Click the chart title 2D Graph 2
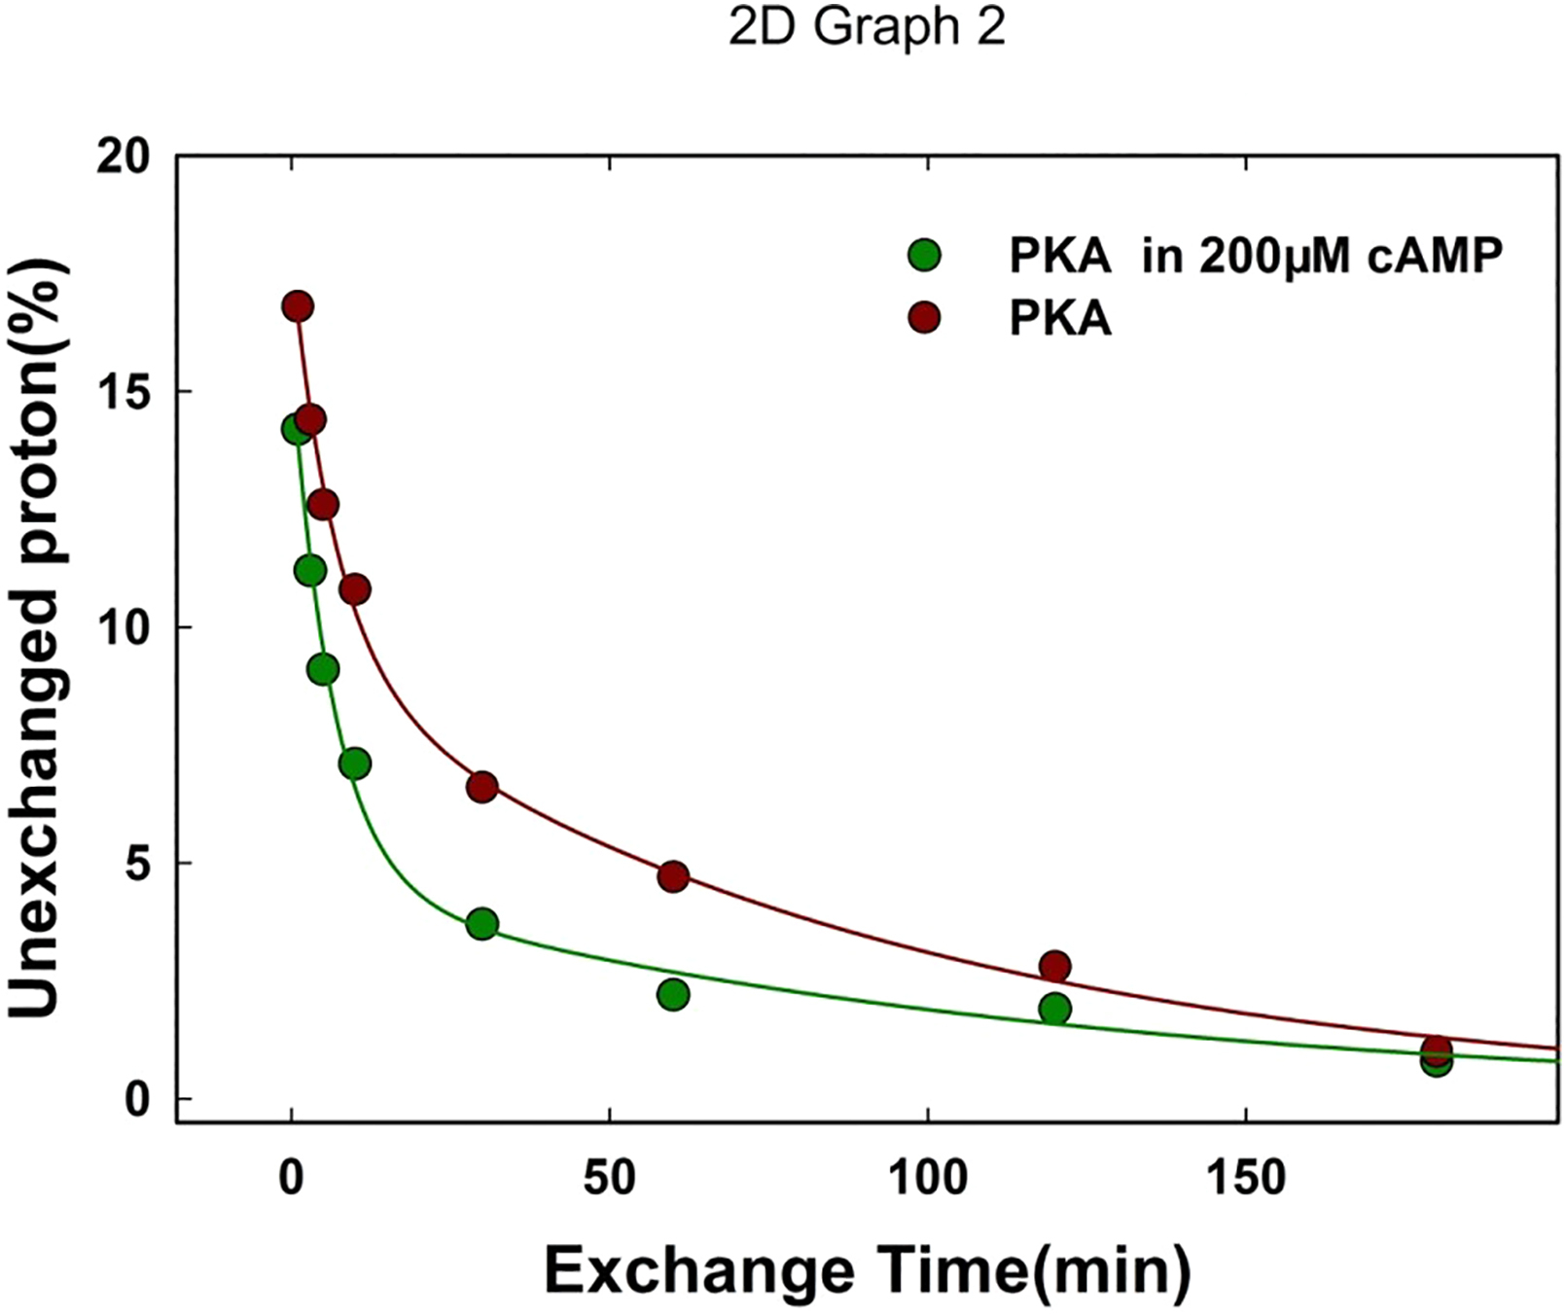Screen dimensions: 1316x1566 [x=867, y=27]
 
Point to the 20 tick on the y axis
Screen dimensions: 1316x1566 [x=124, y=157]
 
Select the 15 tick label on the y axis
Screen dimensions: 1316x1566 [x=124, y=392]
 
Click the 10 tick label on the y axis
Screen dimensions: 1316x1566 [x=124, y=628]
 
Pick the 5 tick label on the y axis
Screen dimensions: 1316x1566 [x=139, y=864]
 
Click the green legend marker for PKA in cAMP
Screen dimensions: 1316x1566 [x=924, y=256]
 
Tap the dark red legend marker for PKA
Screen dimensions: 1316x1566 [x=924, y=317]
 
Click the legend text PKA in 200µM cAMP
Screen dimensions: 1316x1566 [x=1256, y=256]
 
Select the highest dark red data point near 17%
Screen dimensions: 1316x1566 [x=298, y=306]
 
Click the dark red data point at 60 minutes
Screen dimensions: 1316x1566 [x=673, y=876]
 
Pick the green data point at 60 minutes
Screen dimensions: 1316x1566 [x=673, y=994]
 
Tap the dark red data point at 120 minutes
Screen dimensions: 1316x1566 [x=1054, y=966]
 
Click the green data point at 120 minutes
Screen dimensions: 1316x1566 [x=1054, y=1009]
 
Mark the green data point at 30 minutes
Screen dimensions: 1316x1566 [x=481, y=924]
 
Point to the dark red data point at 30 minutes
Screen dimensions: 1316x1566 [x=481, y=787]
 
